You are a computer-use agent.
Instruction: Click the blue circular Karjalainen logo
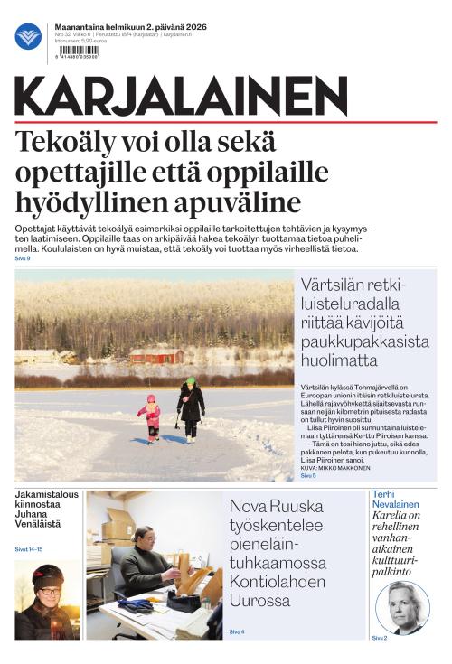coord(28,37)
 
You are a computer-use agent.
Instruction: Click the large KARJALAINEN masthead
coord(181,96)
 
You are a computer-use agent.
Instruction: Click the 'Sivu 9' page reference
coord(23,258)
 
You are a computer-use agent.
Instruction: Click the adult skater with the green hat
coord(191,410)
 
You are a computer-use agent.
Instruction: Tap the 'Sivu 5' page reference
coord(308,475)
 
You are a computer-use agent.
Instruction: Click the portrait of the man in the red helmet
coord(46,601)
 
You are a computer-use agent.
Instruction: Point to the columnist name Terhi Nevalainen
coord(395,499)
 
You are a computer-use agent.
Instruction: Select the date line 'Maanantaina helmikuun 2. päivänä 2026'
coord(130,28)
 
